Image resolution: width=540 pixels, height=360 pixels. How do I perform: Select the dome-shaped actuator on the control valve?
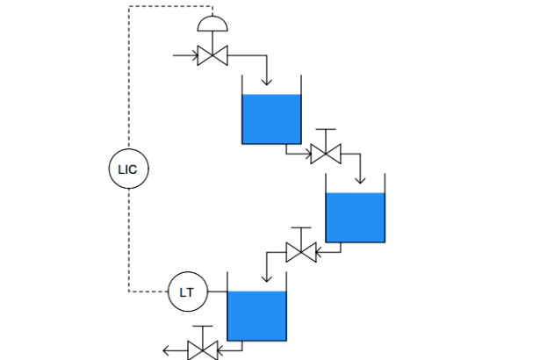tap(212, 24)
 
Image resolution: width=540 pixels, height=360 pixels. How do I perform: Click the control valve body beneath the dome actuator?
tap(212, 55)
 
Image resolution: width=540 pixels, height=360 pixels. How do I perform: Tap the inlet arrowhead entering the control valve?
tap(196, 55)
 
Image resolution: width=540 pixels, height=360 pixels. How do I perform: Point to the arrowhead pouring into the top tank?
tap(267, 82)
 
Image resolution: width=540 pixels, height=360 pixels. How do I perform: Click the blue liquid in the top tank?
tap(271, 119)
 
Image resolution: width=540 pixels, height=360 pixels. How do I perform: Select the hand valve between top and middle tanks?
tap(326, 154)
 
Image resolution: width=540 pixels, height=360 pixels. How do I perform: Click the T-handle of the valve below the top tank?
tap(326, 130)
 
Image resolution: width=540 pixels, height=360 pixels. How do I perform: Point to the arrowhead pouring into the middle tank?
tap(360, 181)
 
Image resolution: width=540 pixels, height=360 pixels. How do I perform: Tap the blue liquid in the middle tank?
tap(356, 218)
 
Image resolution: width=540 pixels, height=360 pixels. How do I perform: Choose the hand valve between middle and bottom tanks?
tap(301, 252)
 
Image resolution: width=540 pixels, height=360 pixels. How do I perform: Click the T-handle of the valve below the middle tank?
tap(301, 227)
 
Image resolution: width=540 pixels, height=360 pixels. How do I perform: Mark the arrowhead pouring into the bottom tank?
tap(267, 278)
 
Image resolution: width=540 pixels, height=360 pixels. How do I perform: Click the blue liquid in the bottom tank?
tap(257, 316)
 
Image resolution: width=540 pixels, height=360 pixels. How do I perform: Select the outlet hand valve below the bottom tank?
tap(203, 350)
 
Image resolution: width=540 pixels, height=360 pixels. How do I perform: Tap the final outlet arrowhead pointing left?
tap(166, 350)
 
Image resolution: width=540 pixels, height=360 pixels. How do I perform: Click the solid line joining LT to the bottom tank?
tap(218, 292)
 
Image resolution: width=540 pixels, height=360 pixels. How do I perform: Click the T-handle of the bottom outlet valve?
tap(203, 326)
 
